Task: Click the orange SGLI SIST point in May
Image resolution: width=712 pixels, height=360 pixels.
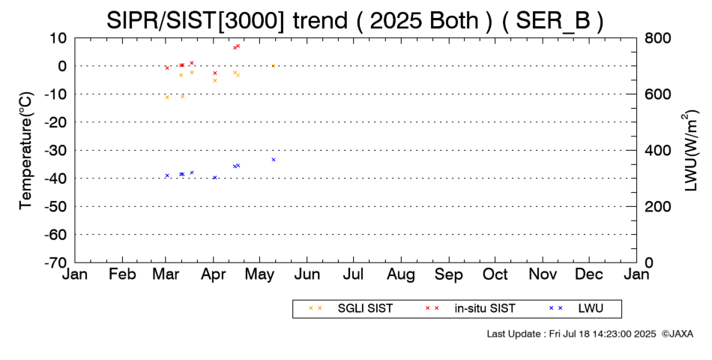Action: [x=274, y=66]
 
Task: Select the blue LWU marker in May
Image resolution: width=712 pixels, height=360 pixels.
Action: [x=274, y=160]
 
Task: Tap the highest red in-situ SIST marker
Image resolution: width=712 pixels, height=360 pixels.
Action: [x=238, y=46]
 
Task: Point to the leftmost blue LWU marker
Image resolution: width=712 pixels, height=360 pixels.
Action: [x=167, y=175]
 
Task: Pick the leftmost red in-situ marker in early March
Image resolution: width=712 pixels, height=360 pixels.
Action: [x=167, y=67]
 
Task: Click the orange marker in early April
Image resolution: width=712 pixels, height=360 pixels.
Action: [x=215, y=80]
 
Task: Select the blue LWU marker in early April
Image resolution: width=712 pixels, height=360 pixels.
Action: [x=215, y=177]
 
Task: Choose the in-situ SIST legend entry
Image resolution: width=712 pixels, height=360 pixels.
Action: [x=470, y=308]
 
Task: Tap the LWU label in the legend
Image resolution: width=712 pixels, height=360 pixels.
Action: [x=591, y=308]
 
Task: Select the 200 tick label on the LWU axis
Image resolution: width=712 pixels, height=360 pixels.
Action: [x=657, y=206]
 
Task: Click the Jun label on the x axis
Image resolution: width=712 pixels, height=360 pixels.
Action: [x=307, y=274]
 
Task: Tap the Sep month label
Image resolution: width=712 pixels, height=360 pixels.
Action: [x=449, y=274]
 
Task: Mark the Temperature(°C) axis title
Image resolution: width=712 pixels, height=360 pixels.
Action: [x=26, y=151]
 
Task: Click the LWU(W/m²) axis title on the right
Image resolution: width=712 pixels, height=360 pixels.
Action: [x=690, y=151]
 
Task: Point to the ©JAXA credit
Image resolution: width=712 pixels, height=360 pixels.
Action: [x=677, y=334]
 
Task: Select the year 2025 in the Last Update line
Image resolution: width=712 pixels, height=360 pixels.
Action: [x=645, y=334]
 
